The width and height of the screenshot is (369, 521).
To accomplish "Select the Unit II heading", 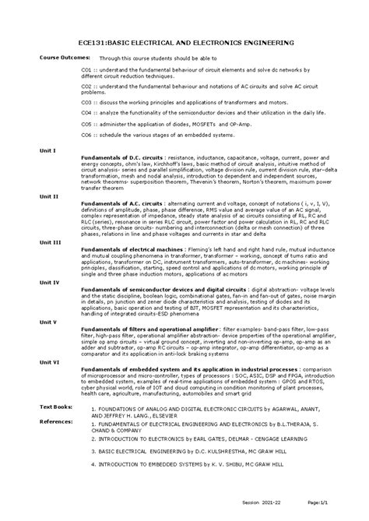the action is coord(49,196).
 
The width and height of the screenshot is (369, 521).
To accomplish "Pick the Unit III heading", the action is coord(50,242).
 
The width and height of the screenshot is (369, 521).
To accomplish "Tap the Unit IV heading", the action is coord(49,281).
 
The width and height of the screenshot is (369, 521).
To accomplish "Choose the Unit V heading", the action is coord(48,321).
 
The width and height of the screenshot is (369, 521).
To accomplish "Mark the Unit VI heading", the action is coord(49,361).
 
